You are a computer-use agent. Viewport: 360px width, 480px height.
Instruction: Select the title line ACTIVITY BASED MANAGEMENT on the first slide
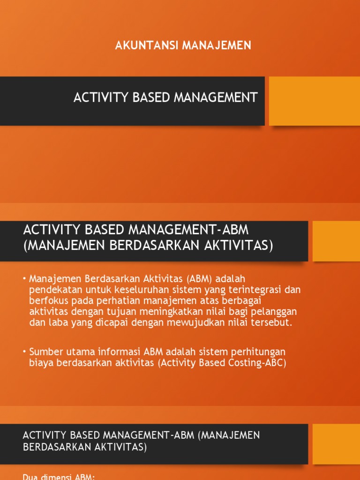[165, 97]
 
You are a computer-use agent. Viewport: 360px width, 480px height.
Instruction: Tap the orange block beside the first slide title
[314, 101]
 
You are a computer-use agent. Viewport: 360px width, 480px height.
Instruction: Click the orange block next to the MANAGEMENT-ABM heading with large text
[336, 241]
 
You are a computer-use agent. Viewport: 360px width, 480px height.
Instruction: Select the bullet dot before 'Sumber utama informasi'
[24, 352]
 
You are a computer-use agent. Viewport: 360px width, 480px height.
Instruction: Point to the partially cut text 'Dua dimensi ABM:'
[59, 477]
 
